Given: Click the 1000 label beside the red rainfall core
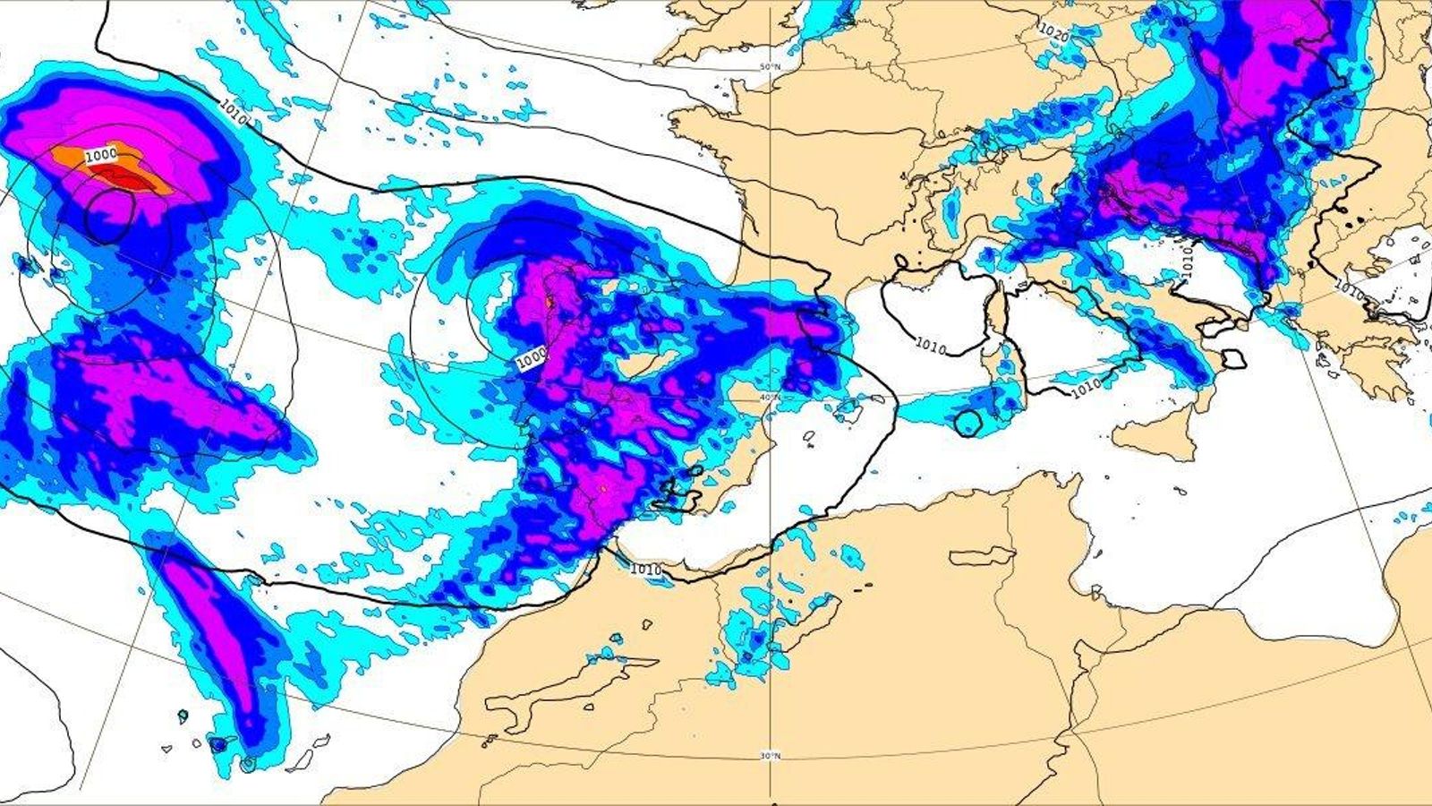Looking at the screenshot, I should point(101,155).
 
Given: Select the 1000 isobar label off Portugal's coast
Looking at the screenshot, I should point(531,356).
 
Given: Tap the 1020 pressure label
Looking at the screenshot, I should point(1054,33).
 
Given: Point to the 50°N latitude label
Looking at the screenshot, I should point(770,67).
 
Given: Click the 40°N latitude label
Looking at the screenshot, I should point(770,397).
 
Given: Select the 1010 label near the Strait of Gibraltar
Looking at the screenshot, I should point(645,570).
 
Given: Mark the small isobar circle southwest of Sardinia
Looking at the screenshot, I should point(967,423).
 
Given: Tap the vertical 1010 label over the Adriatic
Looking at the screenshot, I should point(1187,261).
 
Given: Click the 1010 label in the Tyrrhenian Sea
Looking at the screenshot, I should point(1086,387).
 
